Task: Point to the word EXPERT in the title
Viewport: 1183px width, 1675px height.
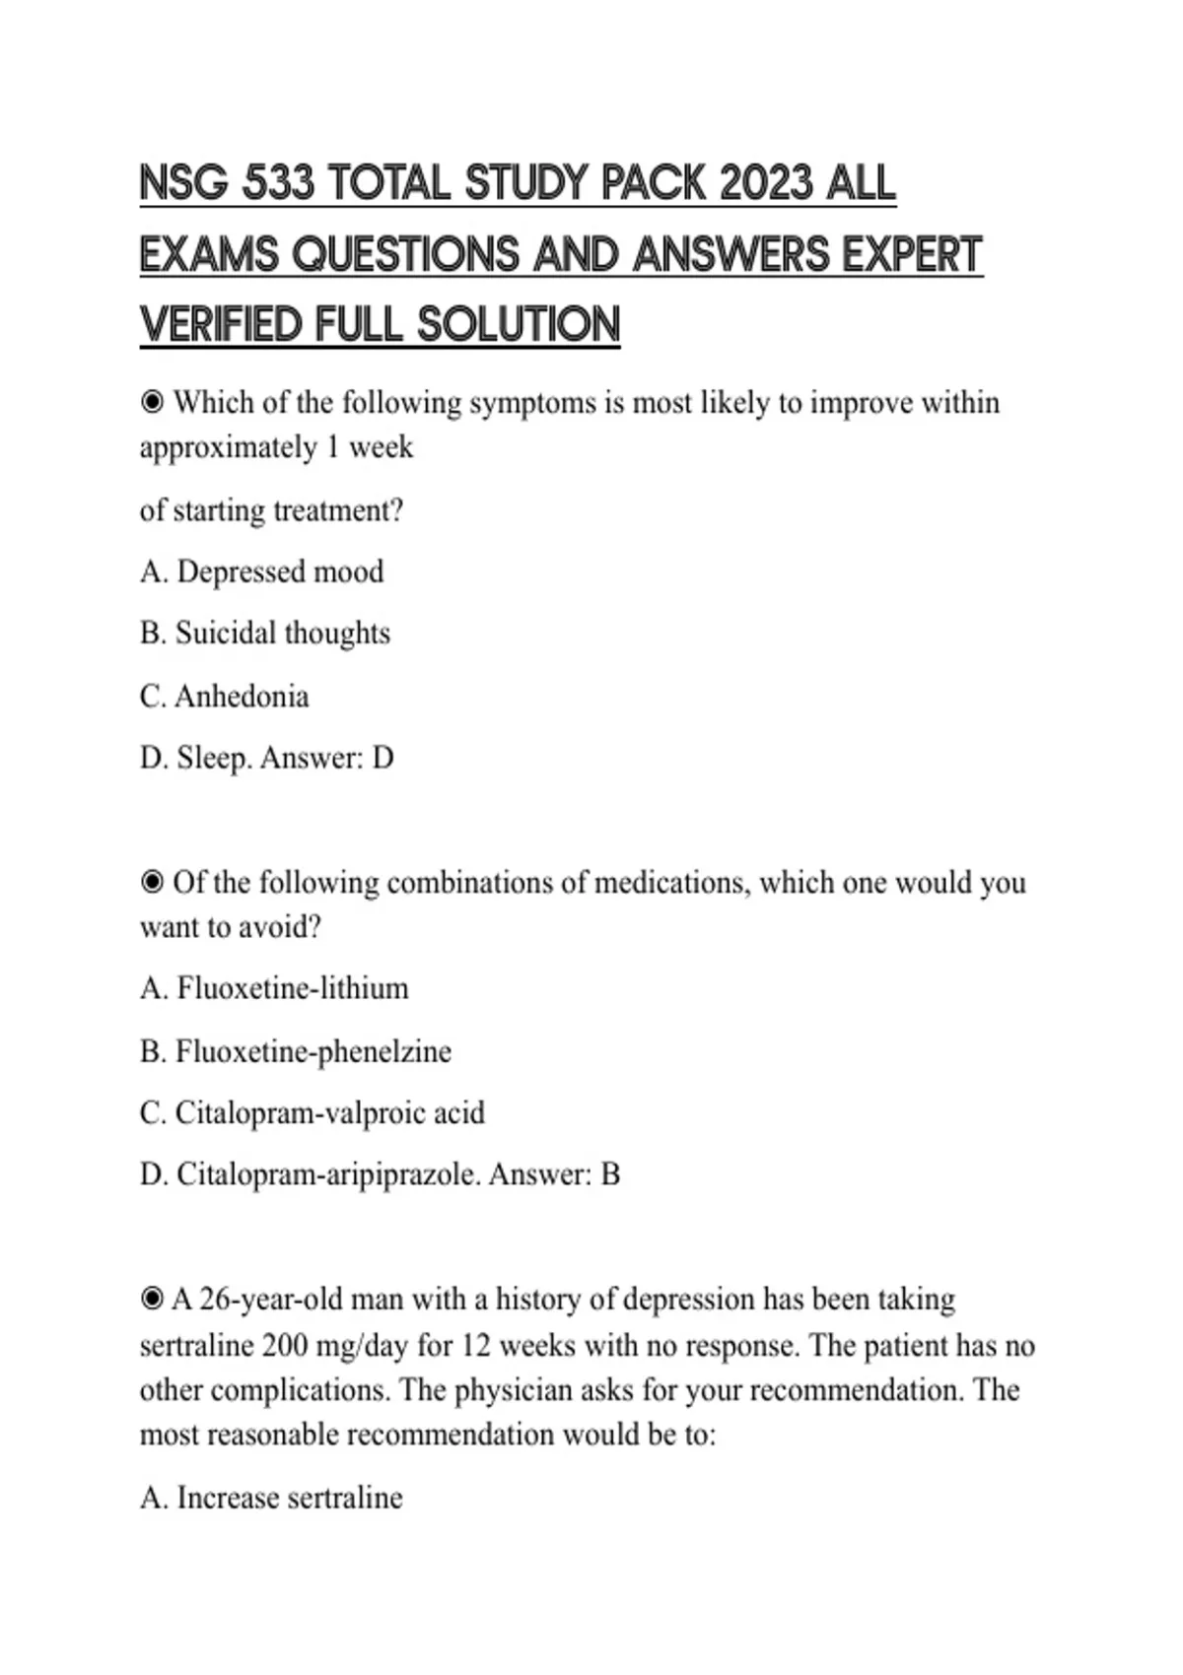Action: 912,254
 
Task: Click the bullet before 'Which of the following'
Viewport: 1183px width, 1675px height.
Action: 152,403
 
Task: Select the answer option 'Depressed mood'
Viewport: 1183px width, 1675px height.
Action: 279,572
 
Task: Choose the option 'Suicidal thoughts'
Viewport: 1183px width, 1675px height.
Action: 282,634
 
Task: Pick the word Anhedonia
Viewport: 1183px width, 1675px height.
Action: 242,697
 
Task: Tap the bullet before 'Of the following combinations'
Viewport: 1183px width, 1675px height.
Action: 152,883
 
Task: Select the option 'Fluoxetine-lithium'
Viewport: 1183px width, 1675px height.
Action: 292,988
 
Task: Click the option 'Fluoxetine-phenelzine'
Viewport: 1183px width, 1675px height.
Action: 313,1051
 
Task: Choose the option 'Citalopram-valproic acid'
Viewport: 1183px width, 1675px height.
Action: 329,1113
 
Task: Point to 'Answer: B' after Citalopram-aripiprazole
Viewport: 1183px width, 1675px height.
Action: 554,1174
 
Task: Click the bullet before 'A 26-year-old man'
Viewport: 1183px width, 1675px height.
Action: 152,1300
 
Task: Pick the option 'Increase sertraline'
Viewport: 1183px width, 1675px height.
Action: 289,1498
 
